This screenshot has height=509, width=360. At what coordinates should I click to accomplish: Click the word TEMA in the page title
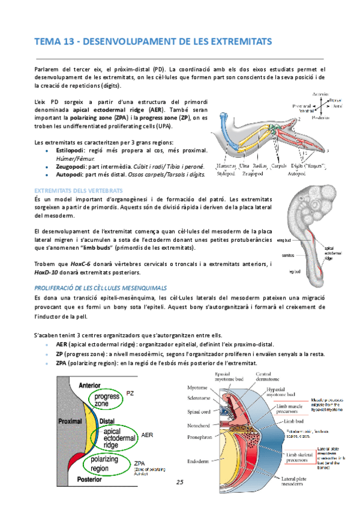[46, 41]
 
